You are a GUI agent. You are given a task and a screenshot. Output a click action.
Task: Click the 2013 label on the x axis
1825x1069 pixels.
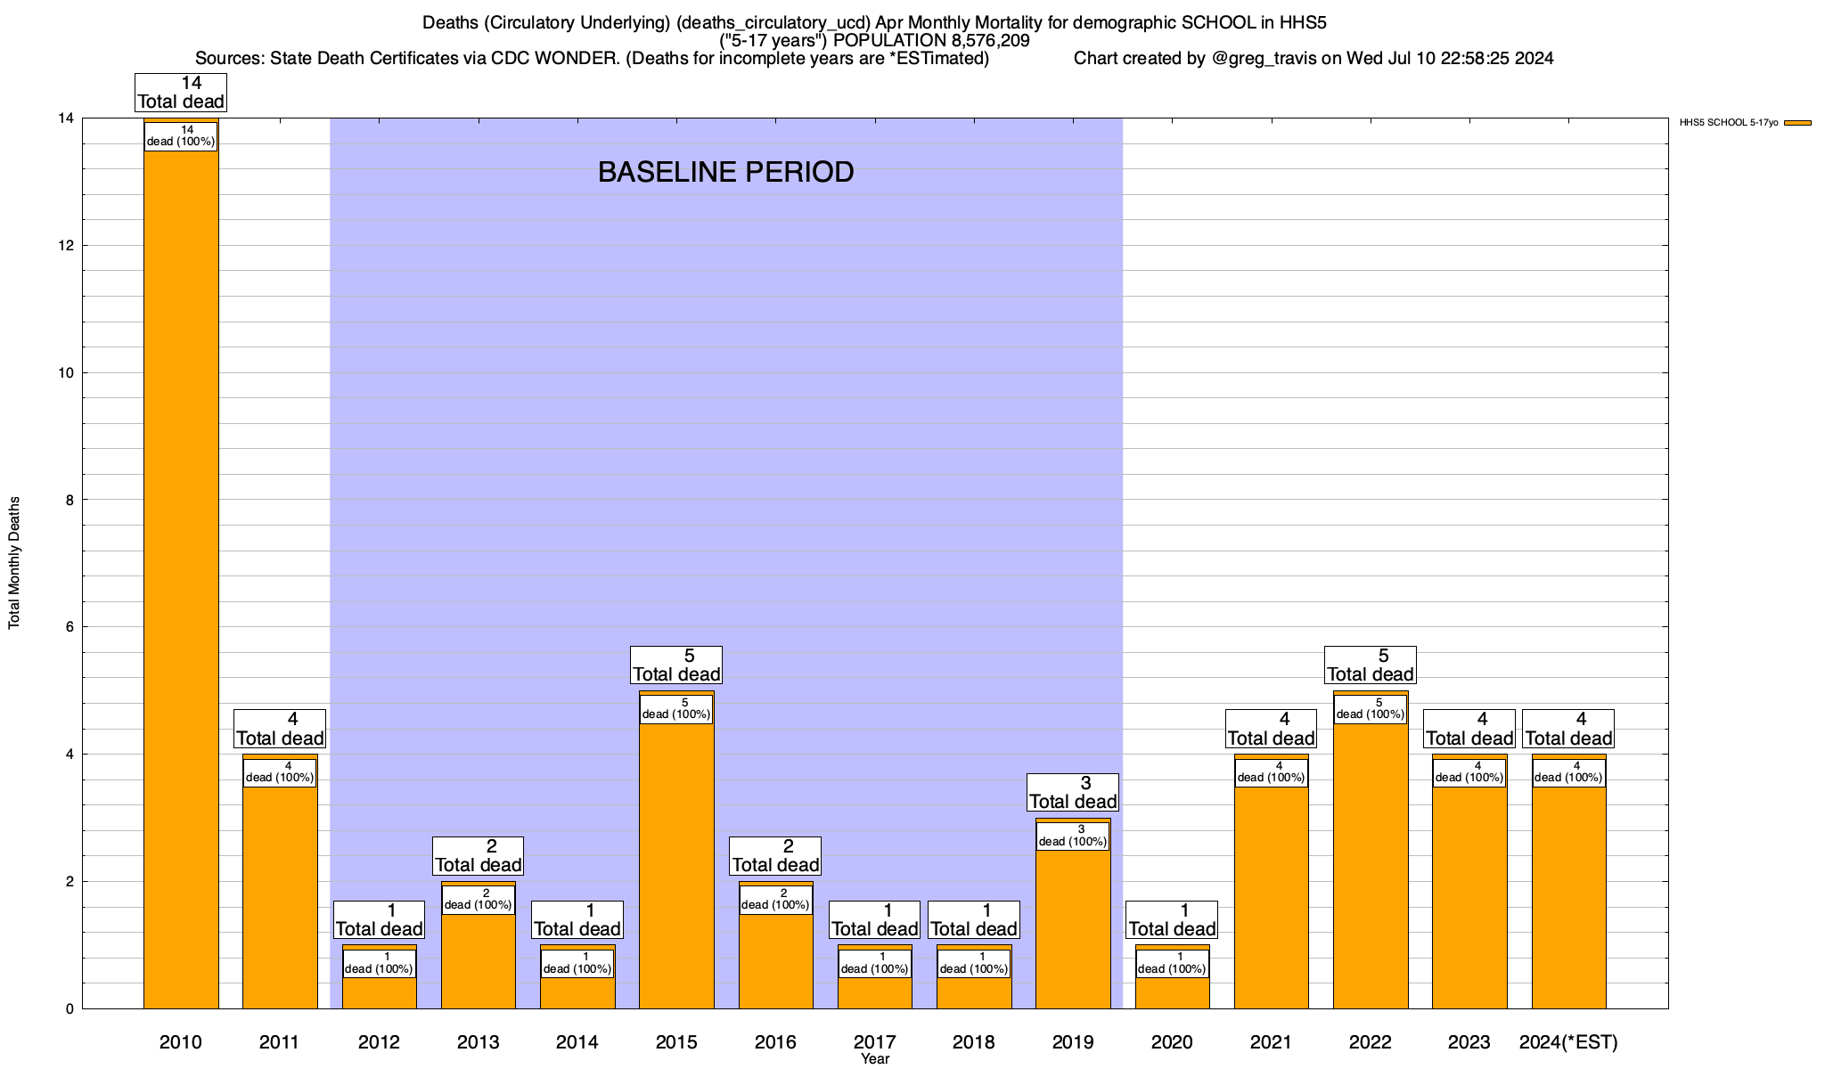pyautogui.click(x=479, y=1041)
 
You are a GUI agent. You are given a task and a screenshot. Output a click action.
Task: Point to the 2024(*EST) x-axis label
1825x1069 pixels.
pyautogui.click(x=1568, y=1041)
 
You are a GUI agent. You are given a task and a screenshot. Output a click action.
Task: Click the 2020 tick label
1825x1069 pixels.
pyautogui.click(x=1172, y=1041)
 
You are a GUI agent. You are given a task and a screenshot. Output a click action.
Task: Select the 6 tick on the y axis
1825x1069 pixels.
pyautogui.click(x=68, y=627)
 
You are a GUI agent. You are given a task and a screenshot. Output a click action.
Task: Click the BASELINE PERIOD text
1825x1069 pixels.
pyautogui.click(x=725, y=172)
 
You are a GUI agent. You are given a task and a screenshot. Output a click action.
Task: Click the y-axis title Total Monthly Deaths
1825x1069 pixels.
pyautogui.click(x=14, y=563)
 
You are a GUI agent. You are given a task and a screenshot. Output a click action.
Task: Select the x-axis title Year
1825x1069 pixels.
pyautogui.click(x=875, y=1059)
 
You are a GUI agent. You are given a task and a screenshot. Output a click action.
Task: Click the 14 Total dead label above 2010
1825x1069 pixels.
pyautogui.click(x=181, y=93)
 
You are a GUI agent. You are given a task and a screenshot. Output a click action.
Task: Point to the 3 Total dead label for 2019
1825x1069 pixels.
pyautogui.click(x=1073, y=793)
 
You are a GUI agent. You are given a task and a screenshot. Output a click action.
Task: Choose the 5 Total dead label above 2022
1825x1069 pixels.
pyautogui.click(x=1371, y=665)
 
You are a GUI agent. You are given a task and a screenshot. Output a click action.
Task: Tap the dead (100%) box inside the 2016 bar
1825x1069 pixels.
pyautogui.click(x=776, y=900)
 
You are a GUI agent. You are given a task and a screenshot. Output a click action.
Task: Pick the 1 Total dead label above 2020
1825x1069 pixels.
pyautogui.click(x=1172, y=920)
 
